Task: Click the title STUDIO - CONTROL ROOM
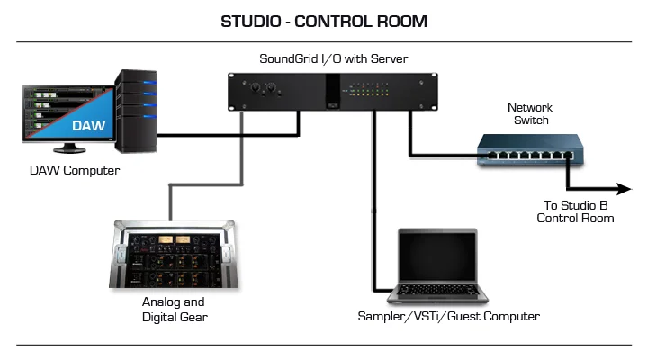pos(324,21)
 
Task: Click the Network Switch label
pos(530,113)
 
